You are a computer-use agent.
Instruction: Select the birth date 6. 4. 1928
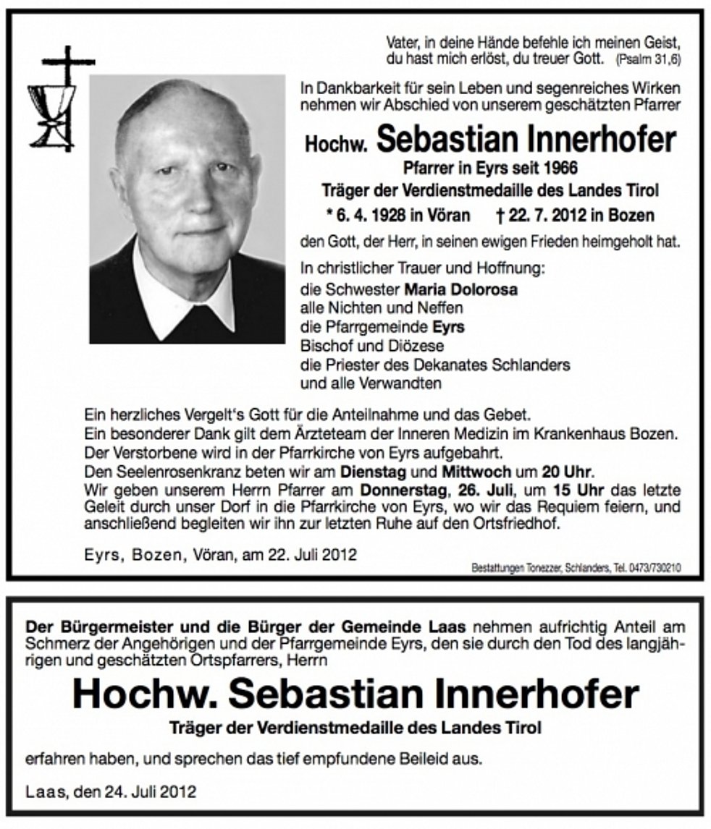367,216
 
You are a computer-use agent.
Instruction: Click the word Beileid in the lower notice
403,760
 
